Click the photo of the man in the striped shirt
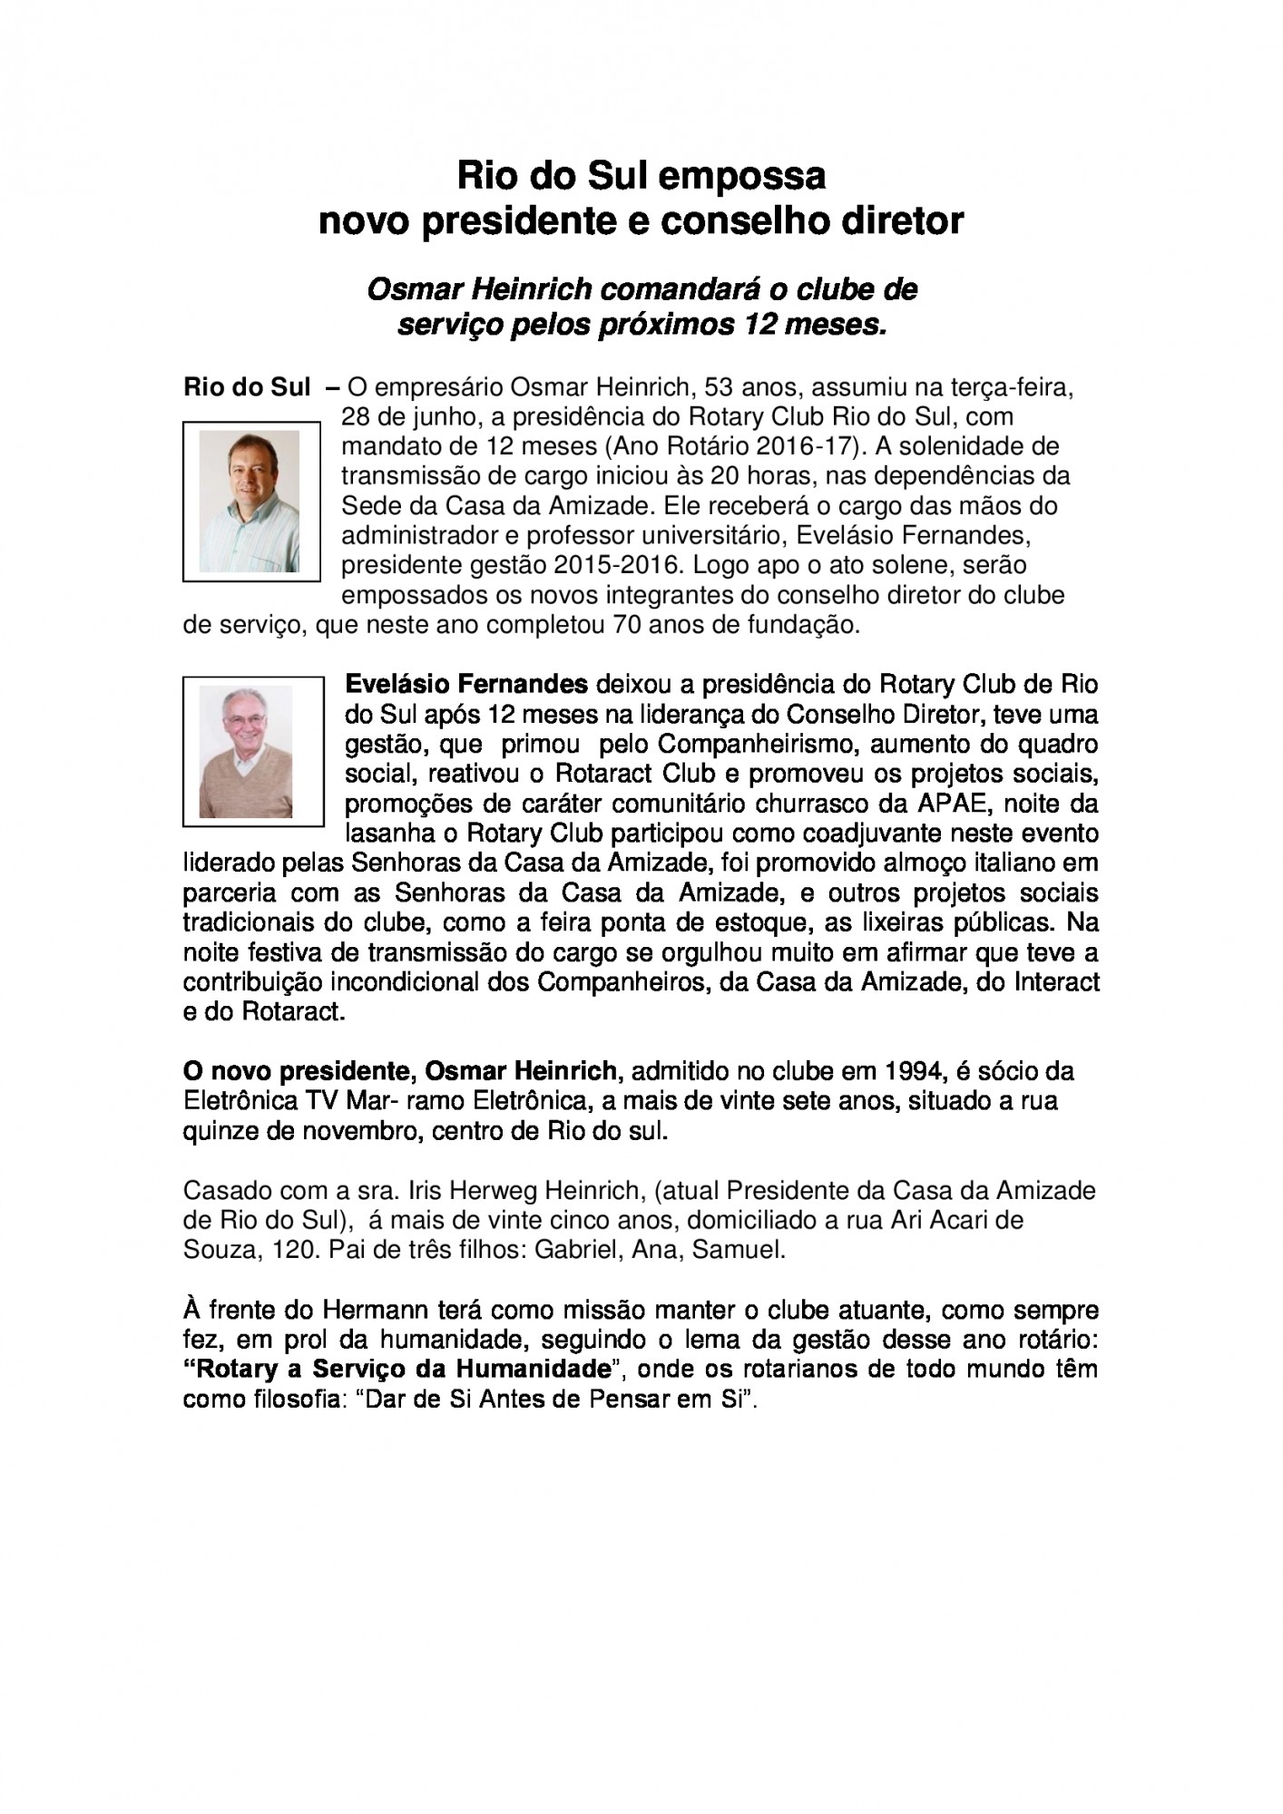tap(250, 501)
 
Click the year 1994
tap(912, 1071)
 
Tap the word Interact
tap(1056, 981)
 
